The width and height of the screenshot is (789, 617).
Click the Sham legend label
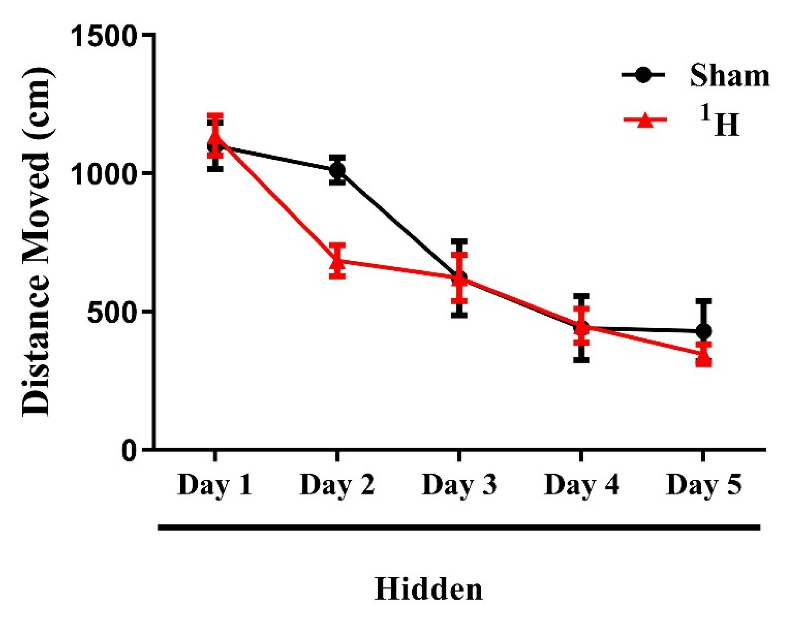[x=729, y=75]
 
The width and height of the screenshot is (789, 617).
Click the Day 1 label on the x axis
[x=215, y=485]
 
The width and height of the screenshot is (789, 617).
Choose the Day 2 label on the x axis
[x=337, y=485]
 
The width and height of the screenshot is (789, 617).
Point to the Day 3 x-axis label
[x=459, y=485]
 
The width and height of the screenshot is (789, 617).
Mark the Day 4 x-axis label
[x=581, y=485]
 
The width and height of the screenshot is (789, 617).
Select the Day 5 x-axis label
[x=703, y=485]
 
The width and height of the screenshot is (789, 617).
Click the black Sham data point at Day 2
[x=337, y=170]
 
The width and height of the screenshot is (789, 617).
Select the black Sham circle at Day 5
[x=703, y=331]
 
